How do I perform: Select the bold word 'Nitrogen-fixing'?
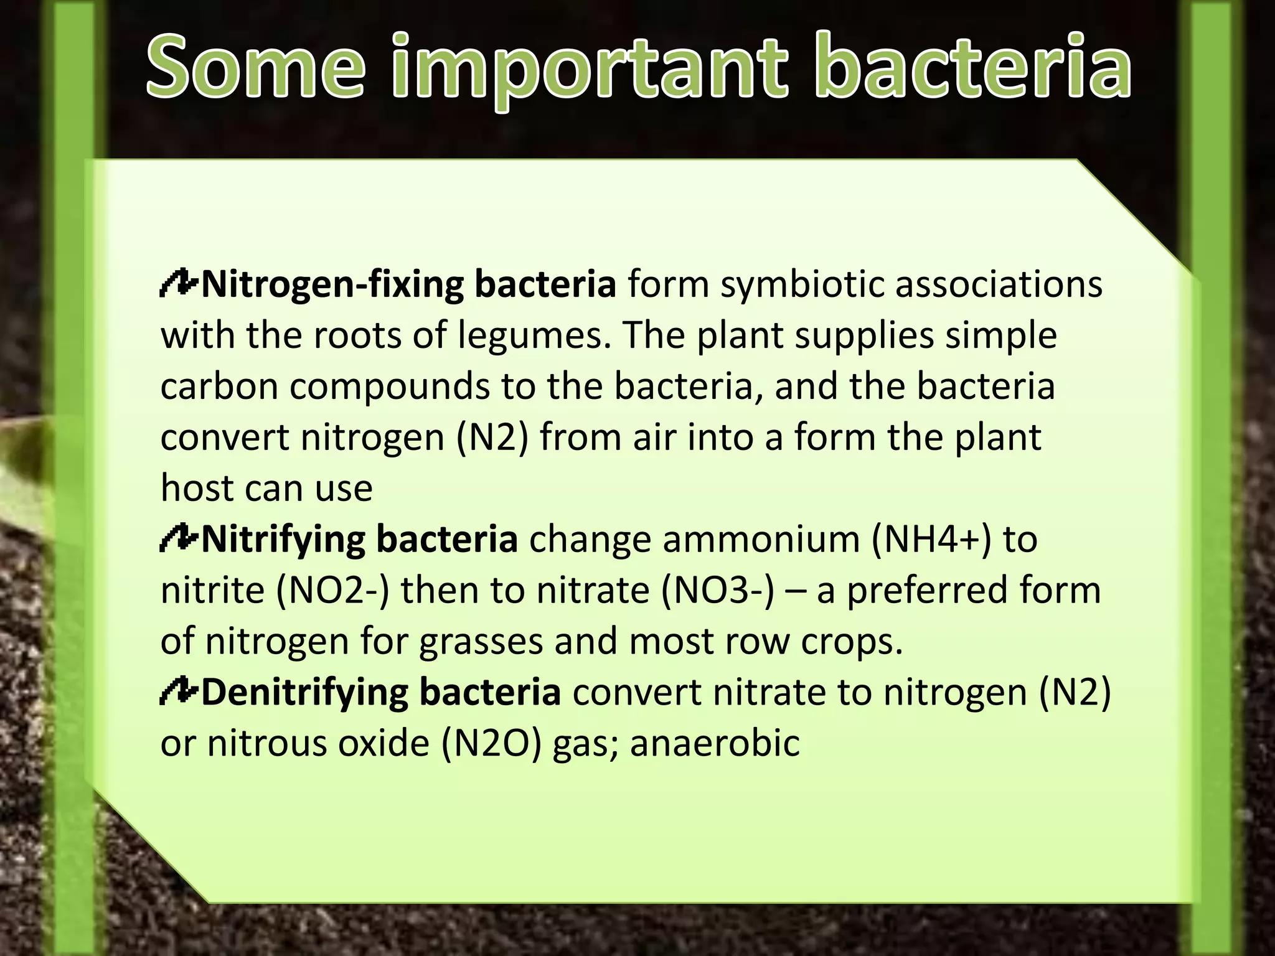pos(332,284)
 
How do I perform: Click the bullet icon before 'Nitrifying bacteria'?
pos(179,539)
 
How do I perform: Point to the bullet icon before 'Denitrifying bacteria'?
pos(179,692)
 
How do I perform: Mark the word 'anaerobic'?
pos(715,744)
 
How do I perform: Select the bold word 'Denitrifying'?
pos(304,693)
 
